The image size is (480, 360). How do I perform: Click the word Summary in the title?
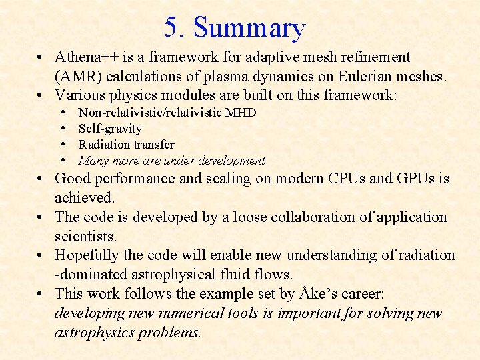[249, 29]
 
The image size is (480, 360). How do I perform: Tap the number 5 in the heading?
[172, 28]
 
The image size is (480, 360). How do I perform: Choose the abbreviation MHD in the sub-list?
[241, 113]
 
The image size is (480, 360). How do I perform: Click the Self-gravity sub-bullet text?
[110, 129]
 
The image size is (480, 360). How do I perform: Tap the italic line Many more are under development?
[172, 161]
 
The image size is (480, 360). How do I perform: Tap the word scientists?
[85, 237]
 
